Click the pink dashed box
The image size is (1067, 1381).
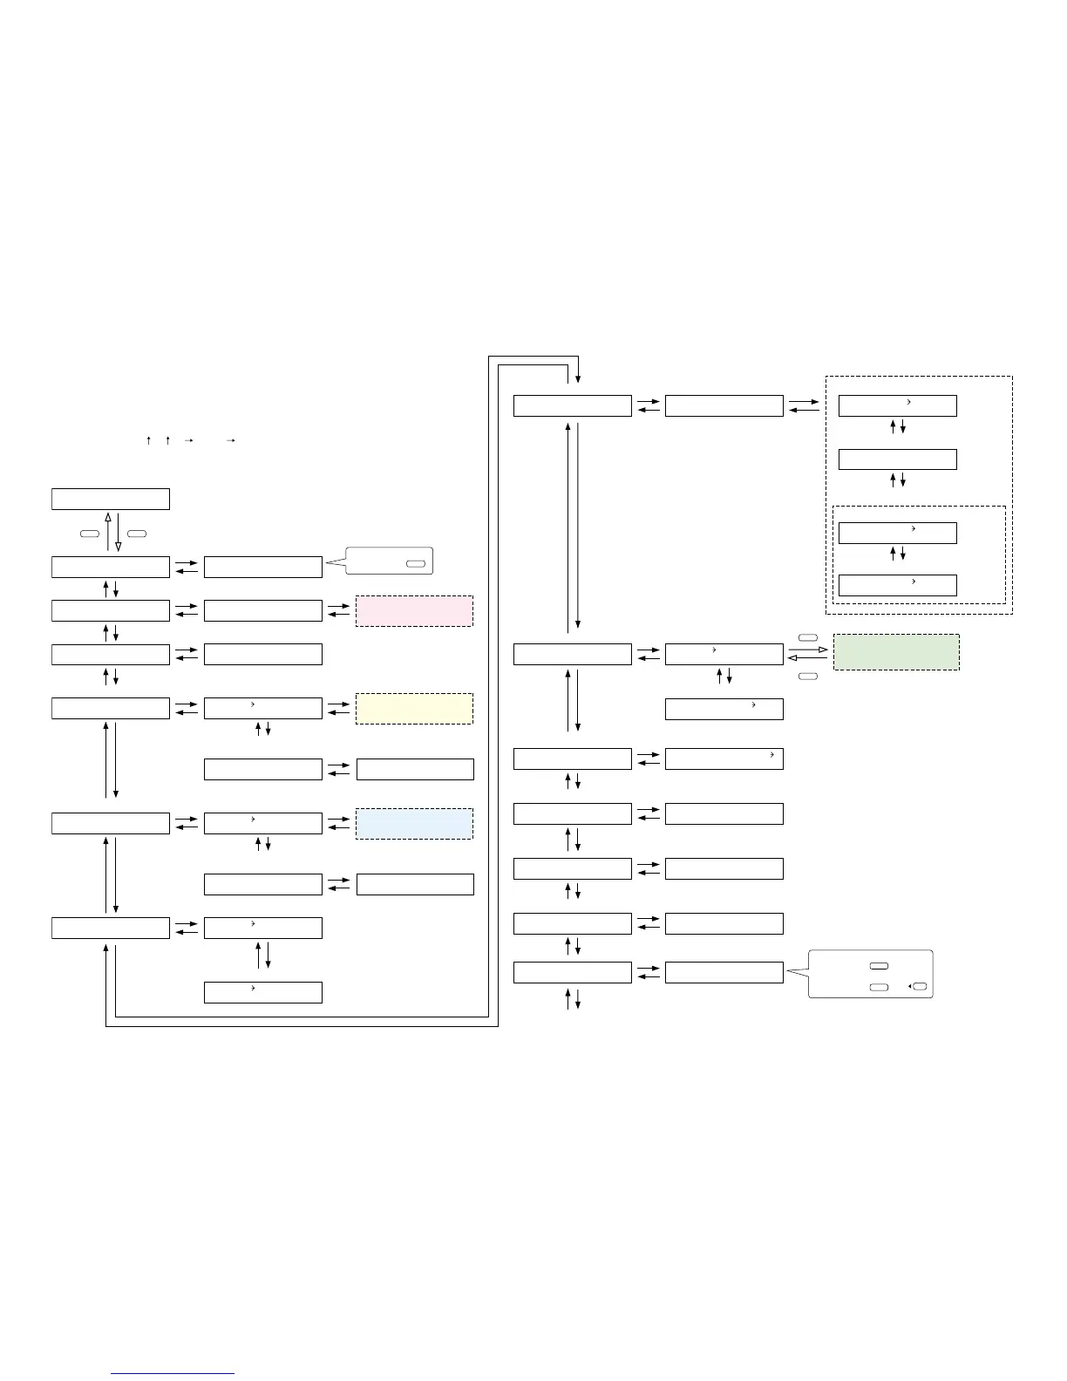(414, 611)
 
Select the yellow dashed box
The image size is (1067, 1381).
(414, 709)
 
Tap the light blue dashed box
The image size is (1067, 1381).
(414, 824)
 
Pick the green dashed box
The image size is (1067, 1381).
(896, 652)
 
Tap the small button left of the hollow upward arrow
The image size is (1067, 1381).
(89, 533)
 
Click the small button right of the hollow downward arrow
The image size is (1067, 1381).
(136, 533)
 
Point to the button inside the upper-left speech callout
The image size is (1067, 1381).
(415, 564)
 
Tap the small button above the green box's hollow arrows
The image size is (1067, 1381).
(807, 638)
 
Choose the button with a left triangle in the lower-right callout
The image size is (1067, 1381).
(920, 987)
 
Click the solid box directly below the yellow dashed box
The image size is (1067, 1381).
(415, 769)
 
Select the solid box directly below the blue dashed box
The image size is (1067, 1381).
(415, 884)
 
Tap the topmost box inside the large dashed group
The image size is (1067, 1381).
(897, 405)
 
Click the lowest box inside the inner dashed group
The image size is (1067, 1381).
(897, 585)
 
